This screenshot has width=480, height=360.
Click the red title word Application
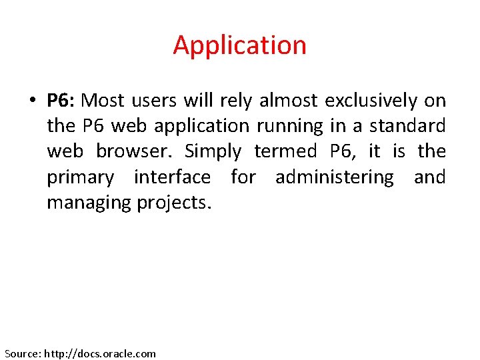tap(239, 45)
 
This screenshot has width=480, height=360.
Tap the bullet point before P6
tap(31, 101)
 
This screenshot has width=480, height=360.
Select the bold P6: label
tap(63, 101)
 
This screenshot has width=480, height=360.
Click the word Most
tap(103, 101)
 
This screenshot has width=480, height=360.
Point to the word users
tap(155, 101)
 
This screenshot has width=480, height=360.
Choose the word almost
tap(289, 101)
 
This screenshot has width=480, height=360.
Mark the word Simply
tap(213, 152)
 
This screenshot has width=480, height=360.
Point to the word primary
tap(81, 177)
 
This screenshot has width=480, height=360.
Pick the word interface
tap(172, 177)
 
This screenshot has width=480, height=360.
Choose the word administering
tap(335, 177)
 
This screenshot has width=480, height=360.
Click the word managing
tap(89, 203)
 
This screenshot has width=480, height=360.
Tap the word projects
tap(174, 203)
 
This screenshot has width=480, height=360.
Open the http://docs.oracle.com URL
tap(100, 353)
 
